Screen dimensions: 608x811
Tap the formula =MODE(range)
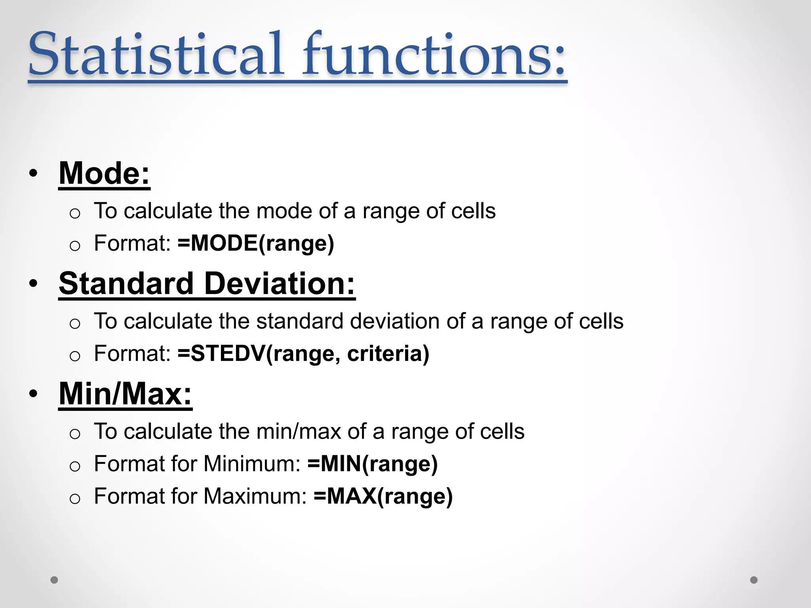click(x=256, y=243)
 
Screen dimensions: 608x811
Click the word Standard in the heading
click(x=126, y=284)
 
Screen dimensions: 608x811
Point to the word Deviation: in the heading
click(x=280, y=284)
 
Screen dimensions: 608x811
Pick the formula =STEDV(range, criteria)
click(x=303, y=353)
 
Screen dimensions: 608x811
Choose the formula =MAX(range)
click(x=383, y=496)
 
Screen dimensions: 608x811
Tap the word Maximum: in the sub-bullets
click(x=255, y=496)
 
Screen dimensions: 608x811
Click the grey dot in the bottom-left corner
click(x=54, y=580)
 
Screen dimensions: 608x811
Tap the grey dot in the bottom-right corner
click(x=754, y=580)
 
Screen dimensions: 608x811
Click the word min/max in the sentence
click(x=299, y=431)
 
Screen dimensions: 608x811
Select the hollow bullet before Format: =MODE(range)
click(x=75, y=246)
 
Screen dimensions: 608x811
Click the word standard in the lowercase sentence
click(x=300, y=321)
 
